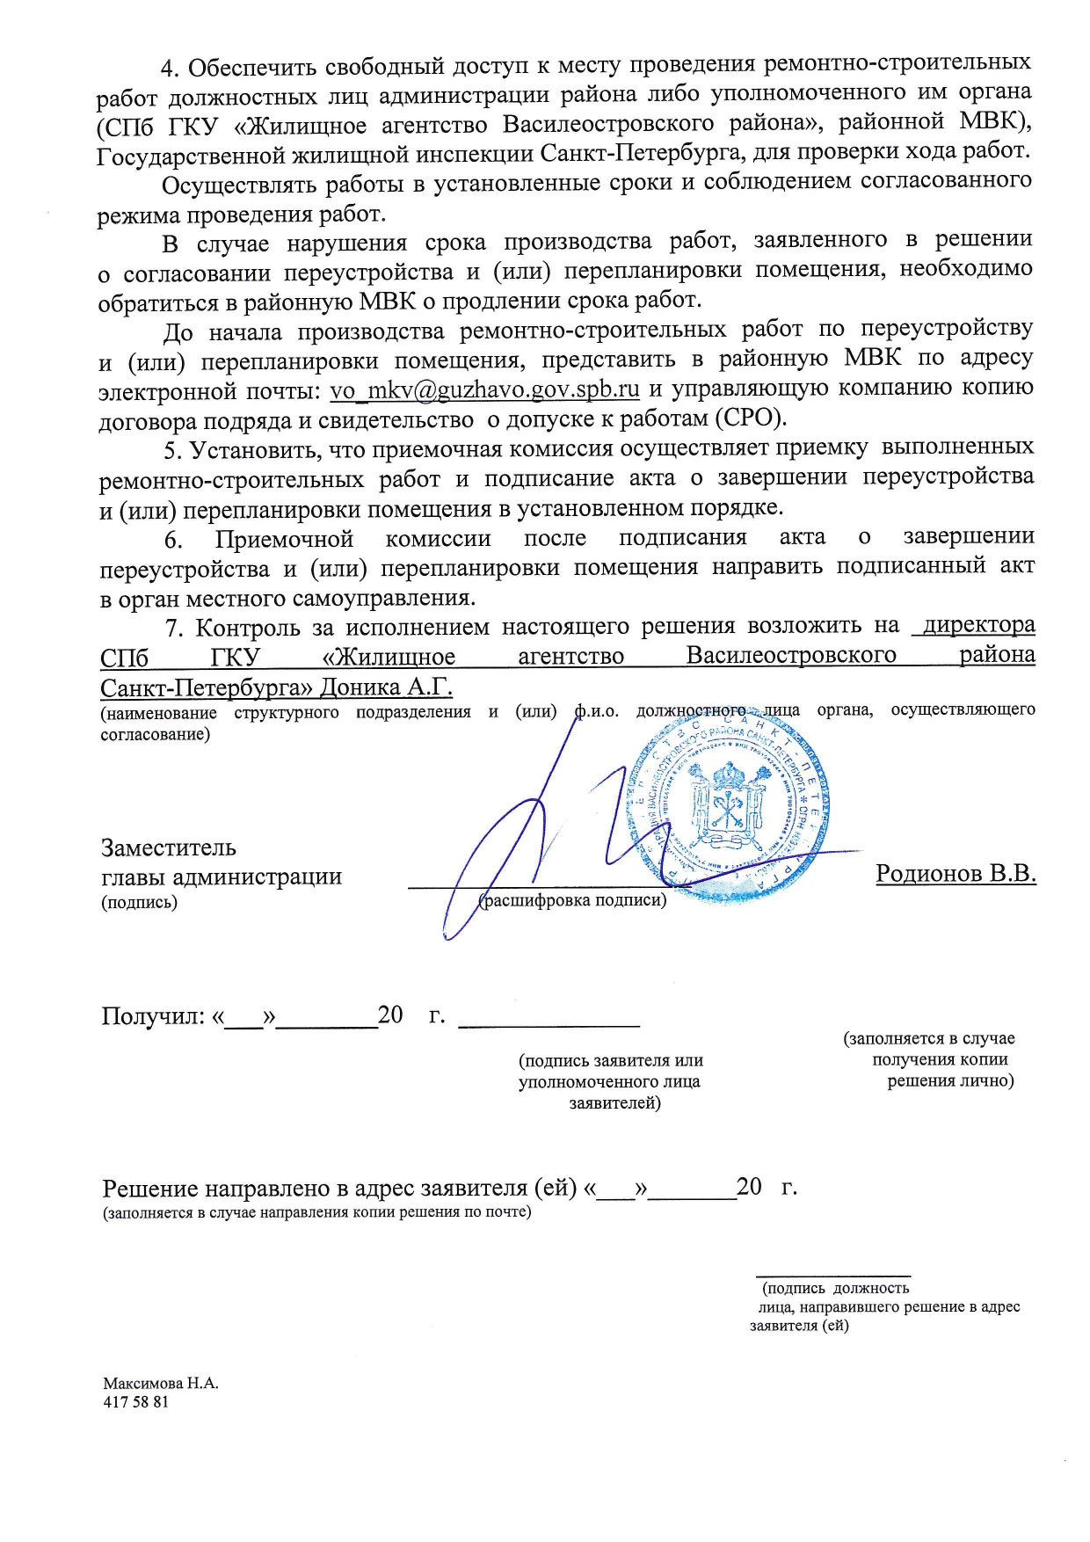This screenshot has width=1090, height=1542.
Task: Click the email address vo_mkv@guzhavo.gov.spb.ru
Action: point(484,389)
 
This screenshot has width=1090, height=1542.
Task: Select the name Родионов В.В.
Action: point(956,874)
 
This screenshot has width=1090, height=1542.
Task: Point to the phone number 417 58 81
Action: point(135,1401)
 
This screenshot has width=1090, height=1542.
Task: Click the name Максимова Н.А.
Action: point(161,1383)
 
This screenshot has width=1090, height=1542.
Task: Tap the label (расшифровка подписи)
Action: point(572,900)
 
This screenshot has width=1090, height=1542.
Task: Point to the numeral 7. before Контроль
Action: point(175,628)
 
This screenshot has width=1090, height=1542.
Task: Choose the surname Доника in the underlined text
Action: point(361,686)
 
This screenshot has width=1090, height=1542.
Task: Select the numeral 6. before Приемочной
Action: point(173,539)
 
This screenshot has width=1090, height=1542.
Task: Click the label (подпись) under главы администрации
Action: point(140,902)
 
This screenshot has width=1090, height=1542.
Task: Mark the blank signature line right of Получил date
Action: point(550,1025)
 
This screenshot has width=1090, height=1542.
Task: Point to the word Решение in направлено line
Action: point(151,1189)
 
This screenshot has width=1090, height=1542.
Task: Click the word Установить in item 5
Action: point(249,449)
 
